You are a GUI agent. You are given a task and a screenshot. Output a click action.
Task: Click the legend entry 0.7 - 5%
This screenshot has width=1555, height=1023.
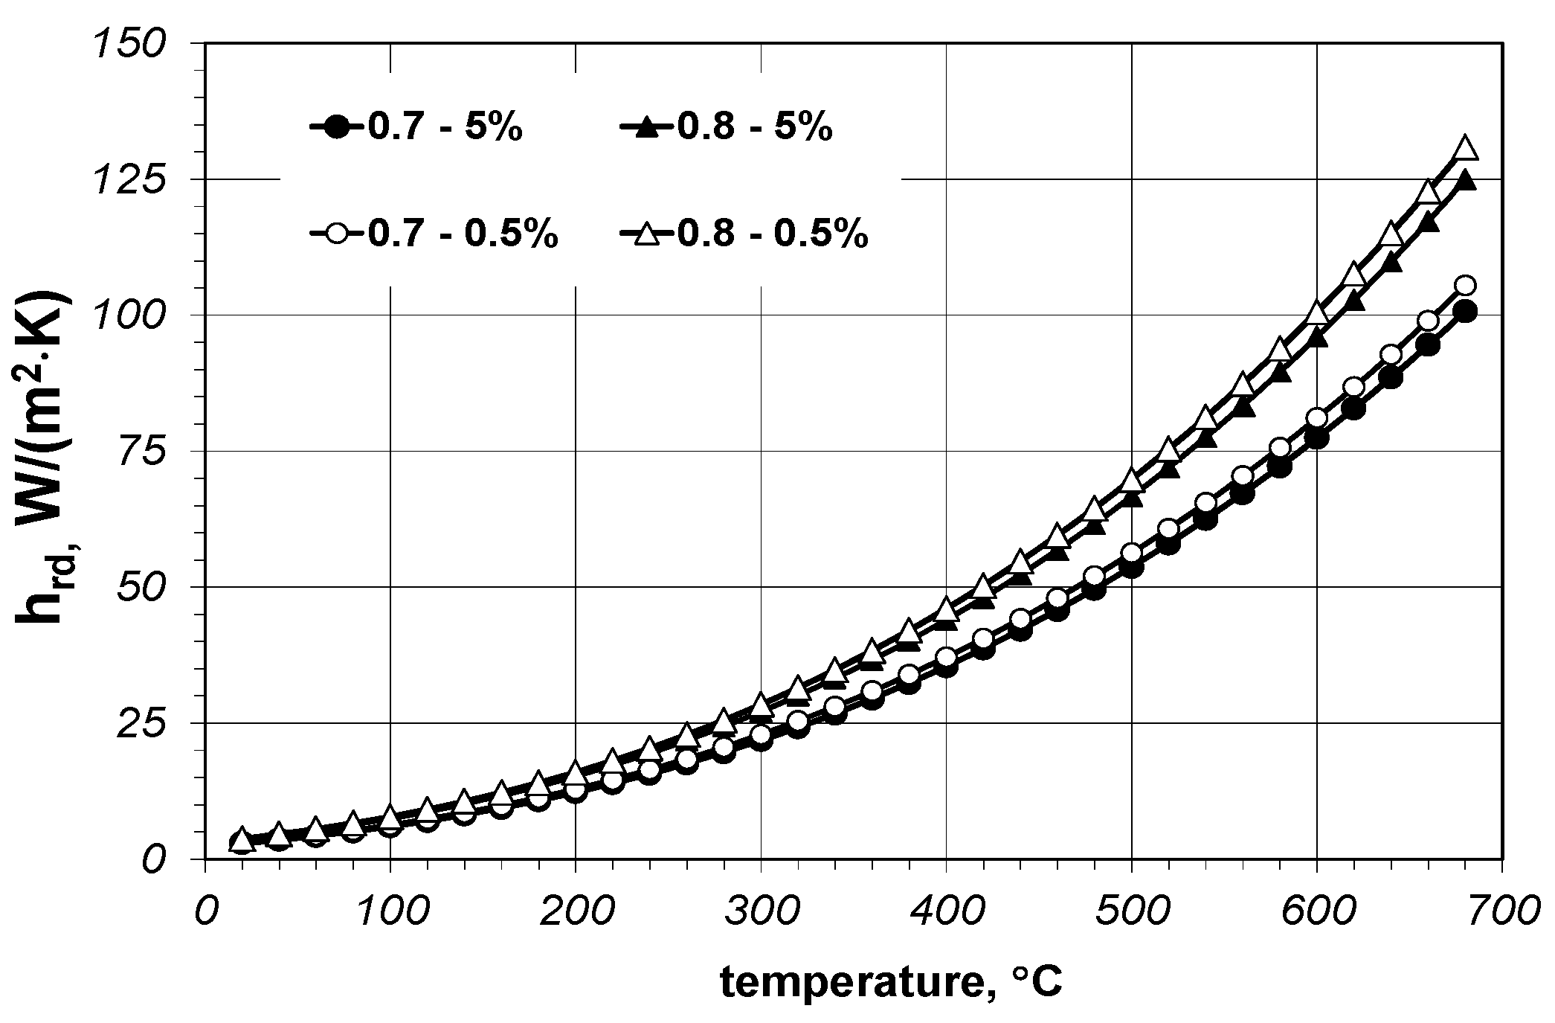click(416, 128)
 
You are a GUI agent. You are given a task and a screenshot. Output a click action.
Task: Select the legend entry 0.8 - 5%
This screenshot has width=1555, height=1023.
click(726, 128)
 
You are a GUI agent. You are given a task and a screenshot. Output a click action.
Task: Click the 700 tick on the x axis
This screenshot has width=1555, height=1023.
click(1502, 913)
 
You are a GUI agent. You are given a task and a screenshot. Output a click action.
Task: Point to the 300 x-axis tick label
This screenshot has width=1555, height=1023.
click(760, 913)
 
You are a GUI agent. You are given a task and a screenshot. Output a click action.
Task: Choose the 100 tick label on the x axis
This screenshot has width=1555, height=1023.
click(390, 913)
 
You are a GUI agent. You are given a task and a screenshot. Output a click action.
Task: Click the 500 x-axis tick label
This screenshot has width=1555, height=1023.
click(1131, 913)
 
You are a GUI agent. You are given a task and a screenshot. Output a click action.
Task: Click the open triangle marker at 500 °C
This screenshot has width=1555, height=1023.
click(1131, 481)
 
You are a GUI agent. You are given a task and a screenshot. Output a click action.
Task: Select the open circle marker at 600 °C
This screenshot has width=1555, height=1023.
click(1316, 418)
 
